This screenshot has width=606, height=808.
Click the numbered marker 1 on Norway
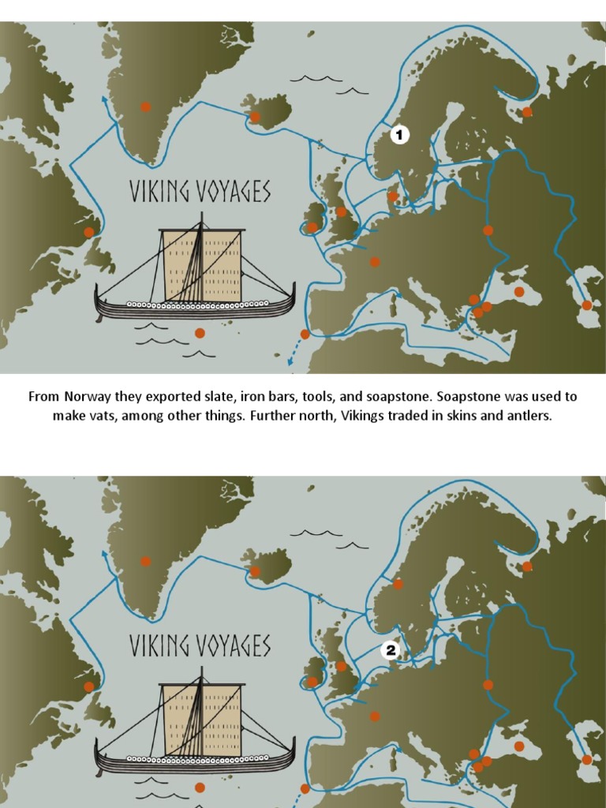click(399, 135)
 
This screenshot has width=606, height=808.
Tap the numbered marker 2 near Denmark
click(390, 650)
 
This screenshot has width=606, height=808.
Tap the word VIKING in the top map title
click(161, 193)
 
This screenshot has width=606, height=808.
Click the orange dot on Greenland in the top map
click(145, 107)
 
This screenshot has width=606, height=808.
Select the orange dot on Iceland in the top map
click(255, 117)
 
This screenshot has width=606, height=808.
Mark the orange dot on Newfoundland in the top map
click(89, 232)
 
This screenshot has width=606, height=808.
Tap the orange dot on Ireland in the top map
click(312, 227)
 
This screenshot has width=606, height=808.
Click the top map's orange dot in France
click(375, 262)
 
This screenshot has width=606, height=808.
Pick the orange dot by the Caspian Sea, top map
click(586, 305)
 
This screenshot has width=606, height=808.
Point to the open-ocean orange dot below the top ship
click(200, 333)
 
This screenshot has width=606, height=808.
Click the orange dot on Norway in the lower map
click(398, 584)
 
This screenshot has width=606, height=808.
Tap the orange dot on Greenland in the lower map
click(145, 561)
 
